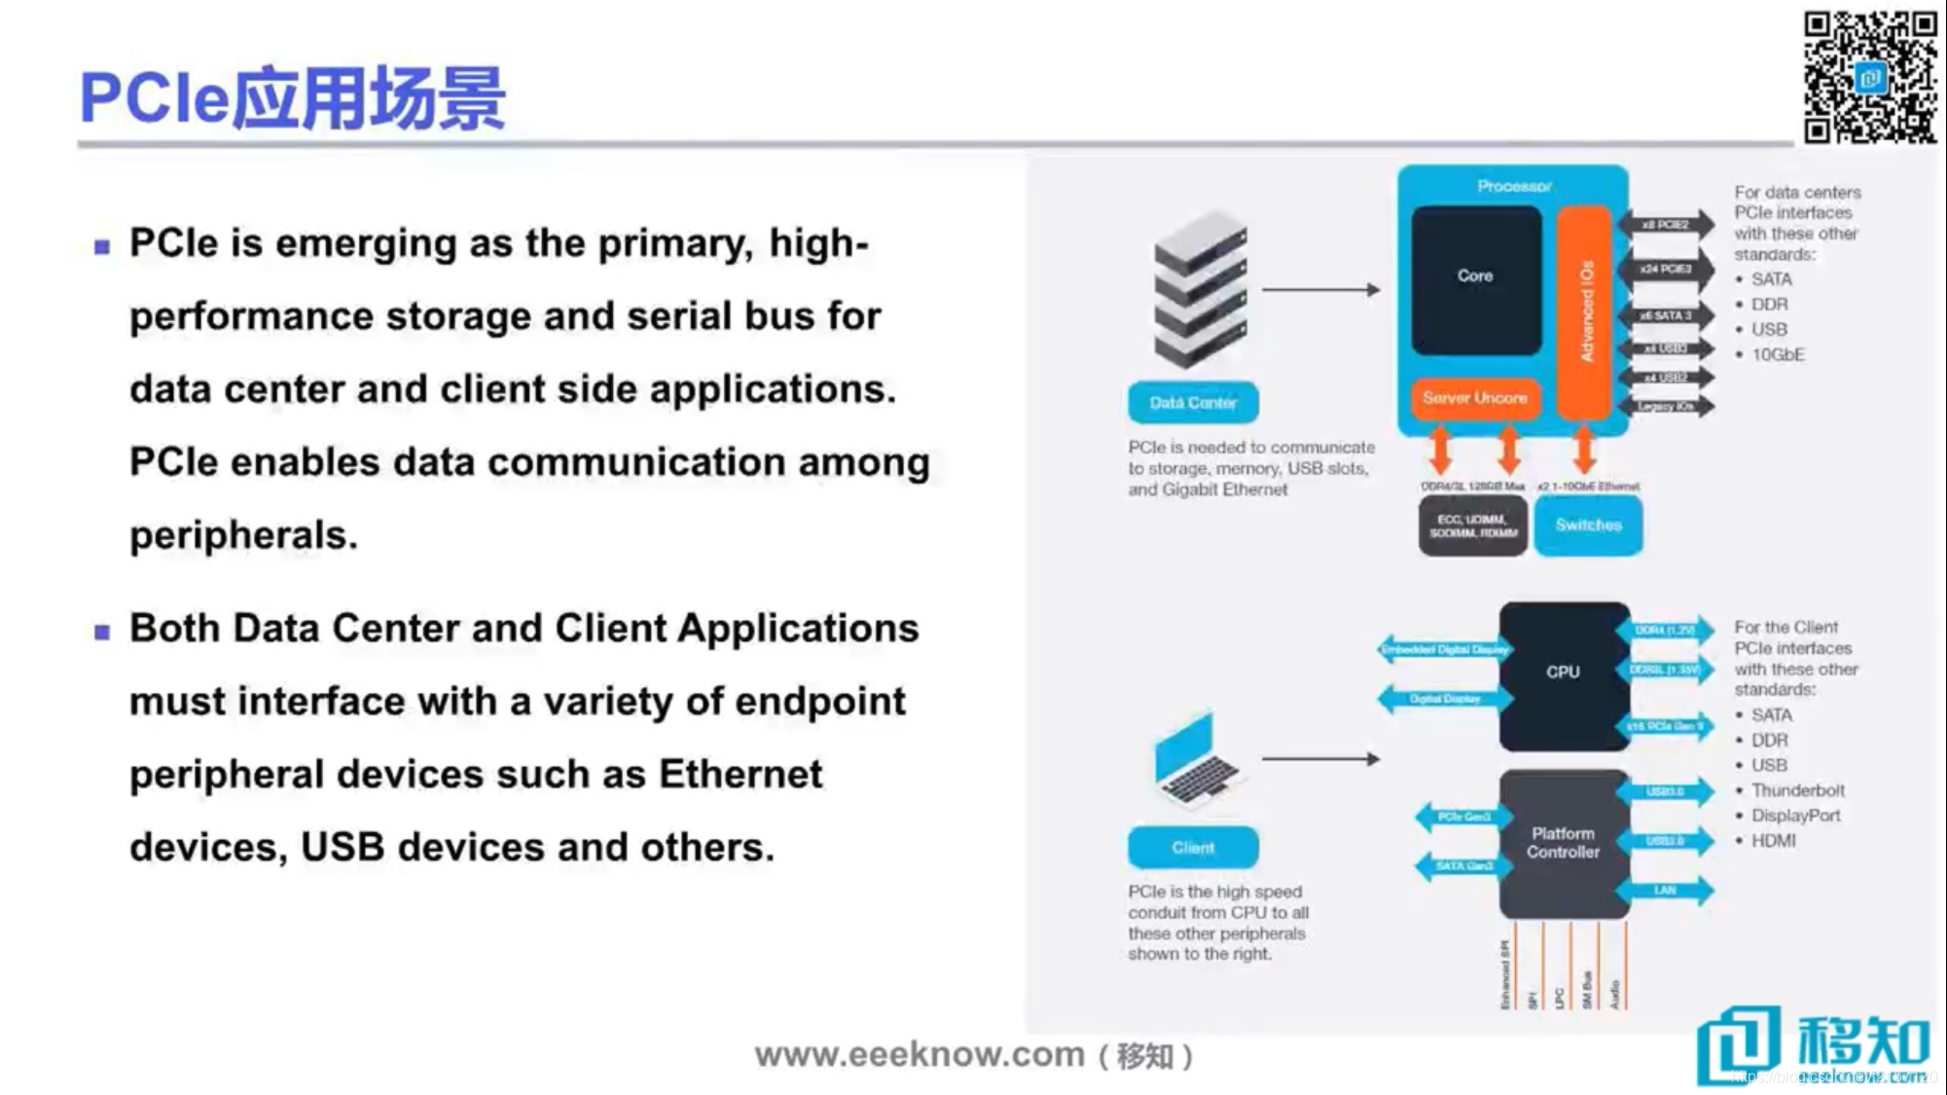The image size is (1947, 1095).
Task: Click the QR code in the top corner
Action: pos(1868,76)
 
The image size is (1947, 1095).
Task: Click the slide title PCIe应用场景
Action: pos(292,98)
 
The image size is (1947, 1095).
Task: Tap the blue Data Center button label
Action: pos(1193,402)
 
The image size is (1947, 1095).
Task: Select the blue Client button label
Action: pos(1193,847)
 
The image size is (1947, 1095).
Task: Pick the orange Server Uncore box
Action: pos(1474,398)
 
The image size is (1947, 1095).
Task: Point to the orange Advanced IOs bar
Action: pos(1584,311)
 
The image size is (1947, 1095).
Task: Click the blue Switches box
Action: pos(1588,526)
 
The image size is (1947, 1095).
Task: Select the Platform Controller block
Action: pos(1563,843)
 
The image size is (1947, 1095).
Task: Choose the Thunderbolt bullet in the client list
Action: pos(1797,790)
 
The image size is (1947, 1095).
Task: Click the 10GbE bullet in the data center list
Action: pos(1778,354)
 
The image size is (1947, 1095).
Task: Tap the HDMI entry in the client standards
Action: pos(1773,841)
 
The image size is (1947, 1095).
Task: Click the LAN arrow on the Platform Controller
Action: pos(1665,891)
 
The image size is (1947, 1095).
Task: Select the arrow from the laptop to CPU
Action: pos(1320,758)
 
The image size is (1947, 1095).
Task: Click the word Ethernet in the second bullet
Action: pos(740,775)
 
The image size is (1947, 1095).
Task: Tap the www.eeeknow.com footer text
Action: pos(919,1054)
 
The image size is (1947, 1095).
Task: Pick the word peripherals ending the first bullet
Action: pos(243,535)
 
